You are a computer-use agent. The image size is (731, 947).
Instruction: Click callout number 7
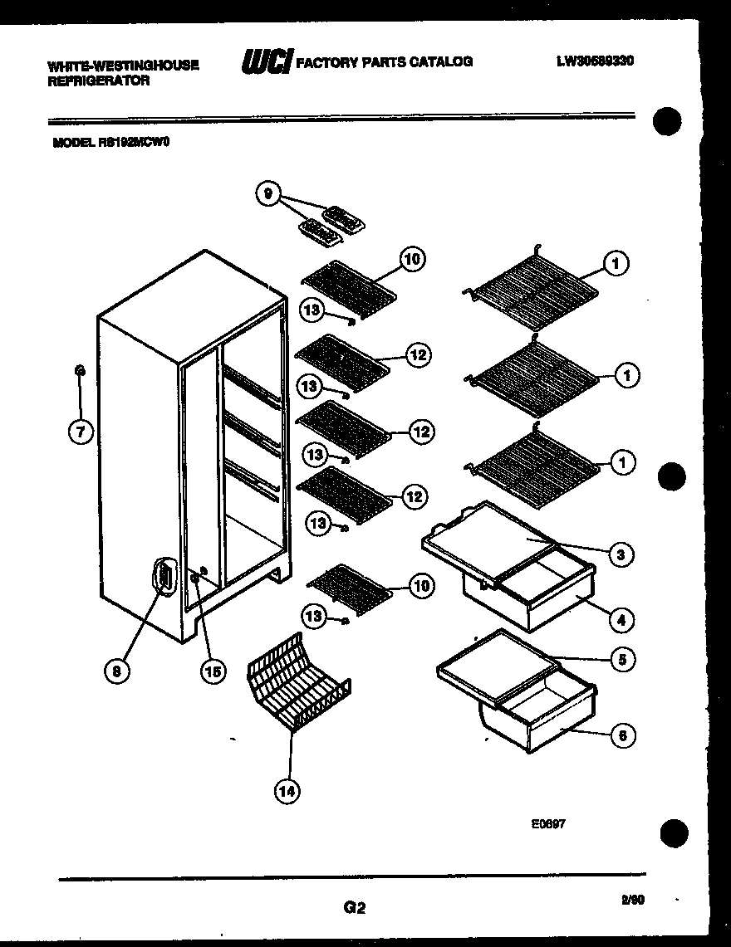click(x=81, y=432)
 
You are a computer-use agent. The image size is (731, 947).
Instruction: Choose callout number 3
click(x=621, y=554)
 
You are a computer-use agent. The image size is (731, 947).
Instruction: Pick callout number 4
click(x=622, y=619)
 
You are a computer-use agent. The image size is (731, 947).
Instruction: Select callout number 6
click(x=622, y=735)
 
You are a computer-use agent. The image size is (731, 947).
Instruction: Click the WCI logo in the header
click(x=265, y=61)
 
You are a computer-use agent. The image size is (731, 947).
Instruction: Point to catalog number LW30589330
click(x=595, y=61)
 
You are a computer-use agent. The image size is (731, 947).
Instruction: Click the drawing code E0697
click(x=548, y=825)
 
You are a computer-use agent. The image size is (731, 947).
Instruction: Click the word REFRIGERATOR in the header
click(x=99, y=81)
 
